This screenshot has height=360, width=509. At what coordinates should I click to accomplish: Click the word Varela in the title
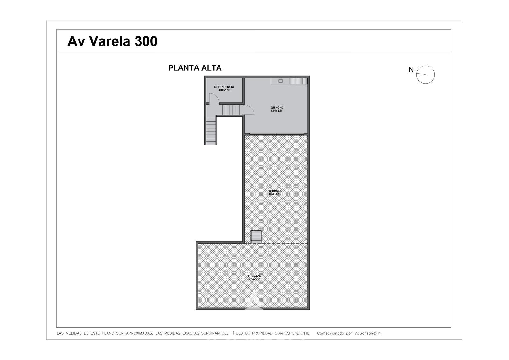click(x=109, y=41)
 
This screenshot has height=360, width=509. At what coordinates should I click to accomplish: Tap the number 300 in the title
click(x=146, y=41)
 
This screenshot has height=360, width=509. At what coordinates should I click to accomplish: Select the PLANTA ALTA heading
click(x=195, y=68)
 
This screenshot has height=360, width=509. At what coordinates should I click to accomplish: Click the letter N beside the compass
click(x=411, y=70)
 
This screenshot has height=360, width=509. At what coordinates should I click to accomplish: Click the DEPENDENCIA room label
click(x=224, y=87)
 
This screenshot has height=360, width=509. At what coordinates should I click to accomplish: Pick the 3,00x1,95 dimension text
click(x=224, y=90)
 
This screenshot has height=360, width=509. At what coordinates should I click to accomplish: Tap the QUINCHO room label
click(x=277, y=108)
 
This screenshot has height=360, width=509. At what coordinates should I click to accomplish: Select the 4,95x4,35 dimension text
click(x=276, y=111)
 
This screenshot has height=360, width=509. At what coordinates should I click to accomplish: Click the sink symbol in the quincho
click(x=281, y=81)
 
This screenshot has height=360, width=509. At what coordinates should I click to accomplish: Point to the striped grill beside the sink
click(x=298, y=81)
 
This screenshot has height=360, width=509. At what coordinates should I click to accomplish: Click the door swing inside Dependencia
click(x=214, y=98)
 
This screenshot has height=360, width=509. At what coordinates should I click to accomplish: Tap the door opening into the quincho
click(x=248, y=110)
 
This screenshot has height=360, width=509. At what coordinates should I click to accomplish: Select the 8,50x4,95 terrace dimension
click(x=275, y=194)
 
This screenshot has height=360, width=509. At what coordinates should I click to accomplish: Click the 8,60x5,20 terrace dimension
click(x=254, y=279)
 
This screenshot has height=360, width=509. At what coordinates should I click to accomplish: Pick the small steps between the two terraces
click(x=256, y=237)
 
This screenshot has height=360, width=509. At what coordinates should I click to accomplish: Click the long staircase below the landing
click(x=211, y=131)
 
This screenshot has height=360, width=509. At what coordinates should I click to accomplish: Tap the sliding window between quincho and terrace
click(x=277, y=134)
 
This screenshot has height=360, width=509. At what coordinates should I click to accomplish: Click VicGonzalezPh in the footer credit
click(x=367, y=333)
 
